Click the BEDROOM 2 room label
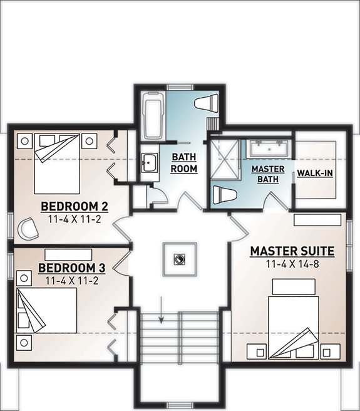click(75, 207)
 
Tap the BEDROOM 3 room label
click(71, 269)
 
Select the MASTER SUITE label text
click(292, 251)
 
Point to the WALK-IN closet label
click(314, 172)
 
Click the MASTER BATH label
click(268, 175)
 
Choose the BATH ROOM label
click(185, 162)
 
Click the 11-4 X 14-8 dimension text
click(292, 264)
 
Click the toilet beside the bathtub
click(205, 105)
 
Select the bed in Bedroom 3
click(47, 310)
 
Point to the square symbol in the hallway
click(180, 259)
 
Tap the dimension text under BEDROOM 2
click(75, 219)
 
